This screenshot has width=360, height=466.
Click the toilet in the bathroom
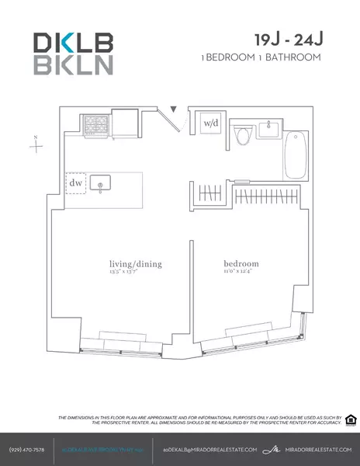tap(242, 136)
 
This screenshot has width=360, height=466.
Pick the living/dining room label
tap(136, 264)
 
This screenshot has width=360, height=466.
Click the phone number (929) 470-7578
tap(26, 450)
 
